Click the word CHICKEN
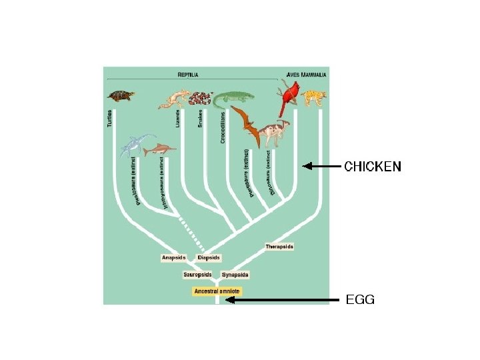pyautogui.click(x=373, y=167)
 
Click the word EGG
pyautogui.click(x=360, y=300)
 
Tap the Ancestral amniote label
pyautogui.click(x=216, y=291)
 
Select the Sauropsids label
pyautogui.click(x=197, y=275)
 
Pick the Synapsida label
pyautogui.click(x=235, y=275)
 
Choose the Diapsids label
pyautogui.click(x=209, y=257)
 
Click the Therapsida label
pyautogui.click(x=279, y=246)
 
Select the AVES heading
pyautogui.click(x=293, y=75)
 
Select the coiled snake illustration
pyautogui.click(x=197, y=99)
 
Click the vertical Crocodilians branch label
pyautogui.click(x=223, y=126)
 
